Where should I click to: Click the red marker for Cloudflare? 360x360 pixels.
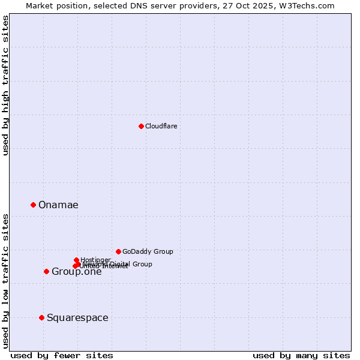click(141, 126)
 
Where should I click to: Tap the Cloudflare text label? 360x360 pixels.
click(161, 126)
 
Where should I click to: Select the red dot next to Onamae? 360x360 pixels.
click(33, 205)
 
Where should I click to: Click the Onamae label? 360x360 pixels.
click(58, 205)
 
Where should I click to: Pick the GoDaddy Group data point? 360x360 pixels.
click(118, 251)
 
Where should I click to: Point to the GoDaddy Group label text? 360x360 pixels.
click(148, 251)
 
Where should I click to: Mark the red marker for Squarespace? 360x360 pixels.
click(41, 317)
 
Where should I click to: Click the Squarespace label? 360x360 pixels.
click(77, 318)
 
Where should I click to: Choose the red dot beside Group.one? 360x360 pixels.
click(46, 271)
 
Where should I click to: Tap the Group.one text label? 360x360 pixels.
click(76, 272)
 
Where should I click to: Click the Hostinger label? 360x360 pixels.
click(95, 260)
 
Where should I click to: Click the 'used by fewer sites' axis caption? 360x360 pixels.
click(62, 355)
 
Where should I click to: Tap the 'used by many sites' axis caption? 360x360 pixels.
click(301, 355)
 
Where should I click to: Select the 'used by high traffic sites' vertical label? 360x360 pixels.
click(5, 85)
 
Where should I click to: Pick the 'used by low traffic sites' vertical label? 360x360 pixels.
click(5, 280)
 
